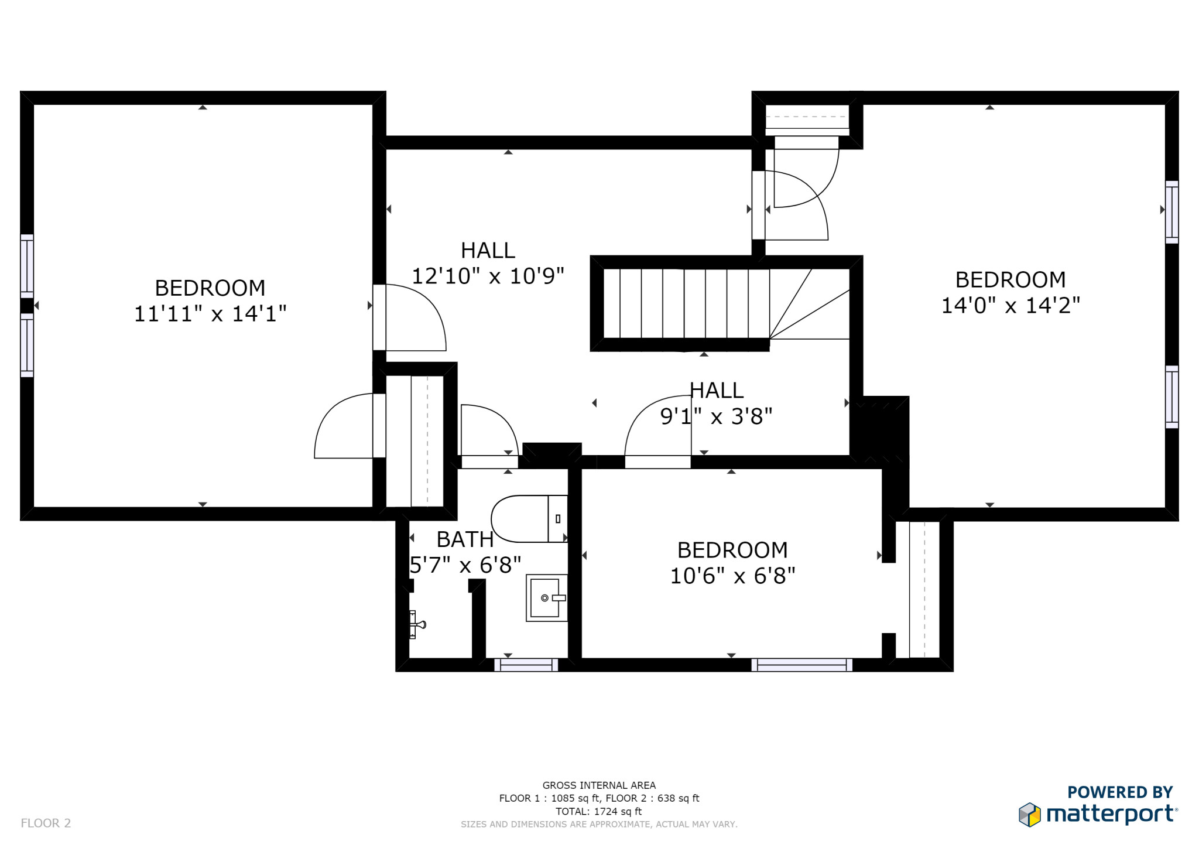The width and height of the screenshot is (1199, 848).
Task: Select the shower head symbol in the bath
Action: tap(417, 624)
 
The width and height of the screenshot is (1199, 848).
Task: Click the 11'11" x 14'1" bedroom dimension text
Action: tap(210, 314)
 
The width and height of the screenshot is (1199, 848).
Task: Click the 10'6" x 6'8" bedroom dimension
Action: tap(732, 576)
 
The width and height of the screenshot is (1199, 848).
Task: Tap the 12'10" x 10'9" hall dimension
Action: tap(488, 276)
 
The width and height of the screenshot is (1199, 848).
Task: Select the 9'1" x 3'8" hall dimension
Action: tap(716, 416)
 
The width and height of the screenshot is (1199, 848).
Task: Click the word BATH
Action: tap(465, 539)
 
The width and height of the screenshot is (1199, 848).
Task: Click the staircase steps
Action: tap(685, 303)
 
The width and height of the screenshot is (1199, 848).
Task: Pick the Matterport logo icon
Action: tap(1029, 815)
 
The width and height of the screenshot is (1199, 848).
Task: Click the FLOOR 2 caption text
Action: tap(46, 823)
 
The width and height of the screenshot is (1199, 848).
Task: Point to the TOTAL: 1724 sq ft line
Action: tap(598, 811)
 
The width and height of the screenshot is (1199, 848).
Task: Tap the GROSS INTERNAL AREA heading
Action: tap(598, 785)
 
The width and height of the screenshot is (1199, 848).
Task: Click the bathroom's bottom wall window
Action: tap(526, 665)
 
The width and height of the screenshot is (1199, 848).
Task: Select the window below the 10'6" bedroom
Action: tap(801, 665)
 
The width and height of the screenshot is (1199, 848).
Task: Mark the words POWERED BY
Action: tap(1119, 792)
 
